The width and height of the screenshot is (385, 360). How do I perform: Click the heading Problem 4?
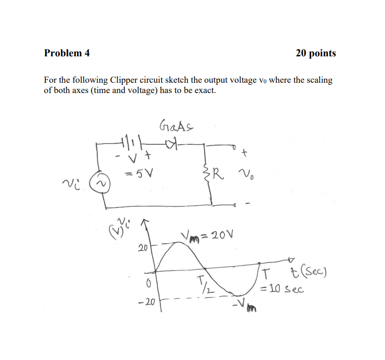[x=67, y=53]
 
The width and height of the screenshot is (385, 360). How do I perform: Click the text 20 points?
[x=316, y=53]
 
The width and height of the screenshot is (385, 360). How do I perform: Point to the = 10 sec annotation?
[x=282, y=289]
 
